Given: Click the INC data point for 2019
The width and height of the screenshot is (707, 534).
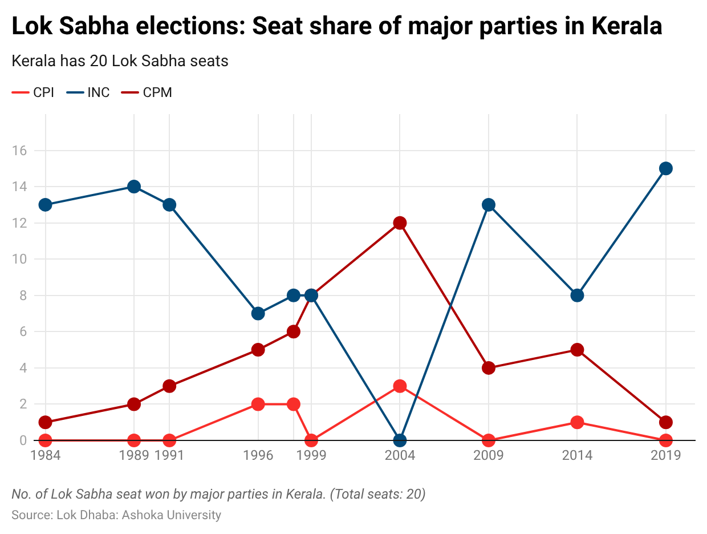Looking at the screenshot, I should coord(665,168).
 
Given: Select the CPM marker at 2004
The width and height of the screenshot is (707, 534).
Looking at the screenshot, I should coord(400,222).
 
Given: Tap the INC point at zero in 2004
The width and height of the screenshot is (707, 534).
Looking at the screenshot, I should coord(400,440).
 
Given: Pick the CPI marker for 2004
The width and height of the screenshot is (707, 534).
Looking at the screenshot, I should coord(400,386).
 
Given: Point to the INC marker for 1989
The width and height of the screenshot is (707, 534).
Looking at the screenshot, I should coord(134,187).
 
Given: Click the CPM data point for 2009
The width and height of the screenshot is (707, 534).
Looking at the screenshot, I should coord(488,368).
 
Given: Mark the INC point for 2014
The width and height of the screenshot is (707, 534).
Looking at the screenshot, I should coord(577,295).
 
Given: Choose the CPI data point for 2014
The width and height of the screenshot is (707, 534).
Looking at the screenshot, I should coord(577,422).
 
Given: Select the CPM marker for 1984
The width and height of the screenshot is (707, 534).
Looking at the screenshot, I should coord(46,422).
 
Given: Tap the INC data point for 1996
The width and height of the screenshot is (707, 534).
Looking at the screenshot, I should coord(258,313).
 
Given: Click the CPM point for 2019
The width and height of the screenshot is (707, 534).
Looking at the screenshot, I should coord(665,422).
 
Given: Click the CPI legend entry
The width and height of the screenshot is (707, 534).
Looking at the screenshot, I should coord(34,92).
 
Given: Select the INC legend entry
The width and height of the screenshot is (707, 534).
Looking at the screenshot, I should coord(88,92).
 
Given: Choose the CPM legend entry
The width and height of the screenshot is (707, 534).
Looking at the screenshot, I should coord(147,92).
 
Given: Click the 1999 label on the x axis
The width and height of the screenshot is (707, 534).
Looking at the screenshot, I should coord(311,455).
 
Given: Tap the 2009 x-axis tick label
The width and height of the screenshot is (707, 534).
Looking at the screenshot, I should coord(488,455).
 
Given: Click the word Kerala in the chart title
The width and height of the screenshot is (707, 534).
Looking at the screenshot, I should coord(626,26).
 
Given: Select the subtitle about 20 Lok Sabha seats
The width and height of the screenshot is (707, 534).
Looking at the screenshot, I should coord(120,61).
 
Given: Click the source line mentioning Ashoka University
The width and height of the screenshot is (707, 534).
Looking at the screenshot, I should coord(116,515).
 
